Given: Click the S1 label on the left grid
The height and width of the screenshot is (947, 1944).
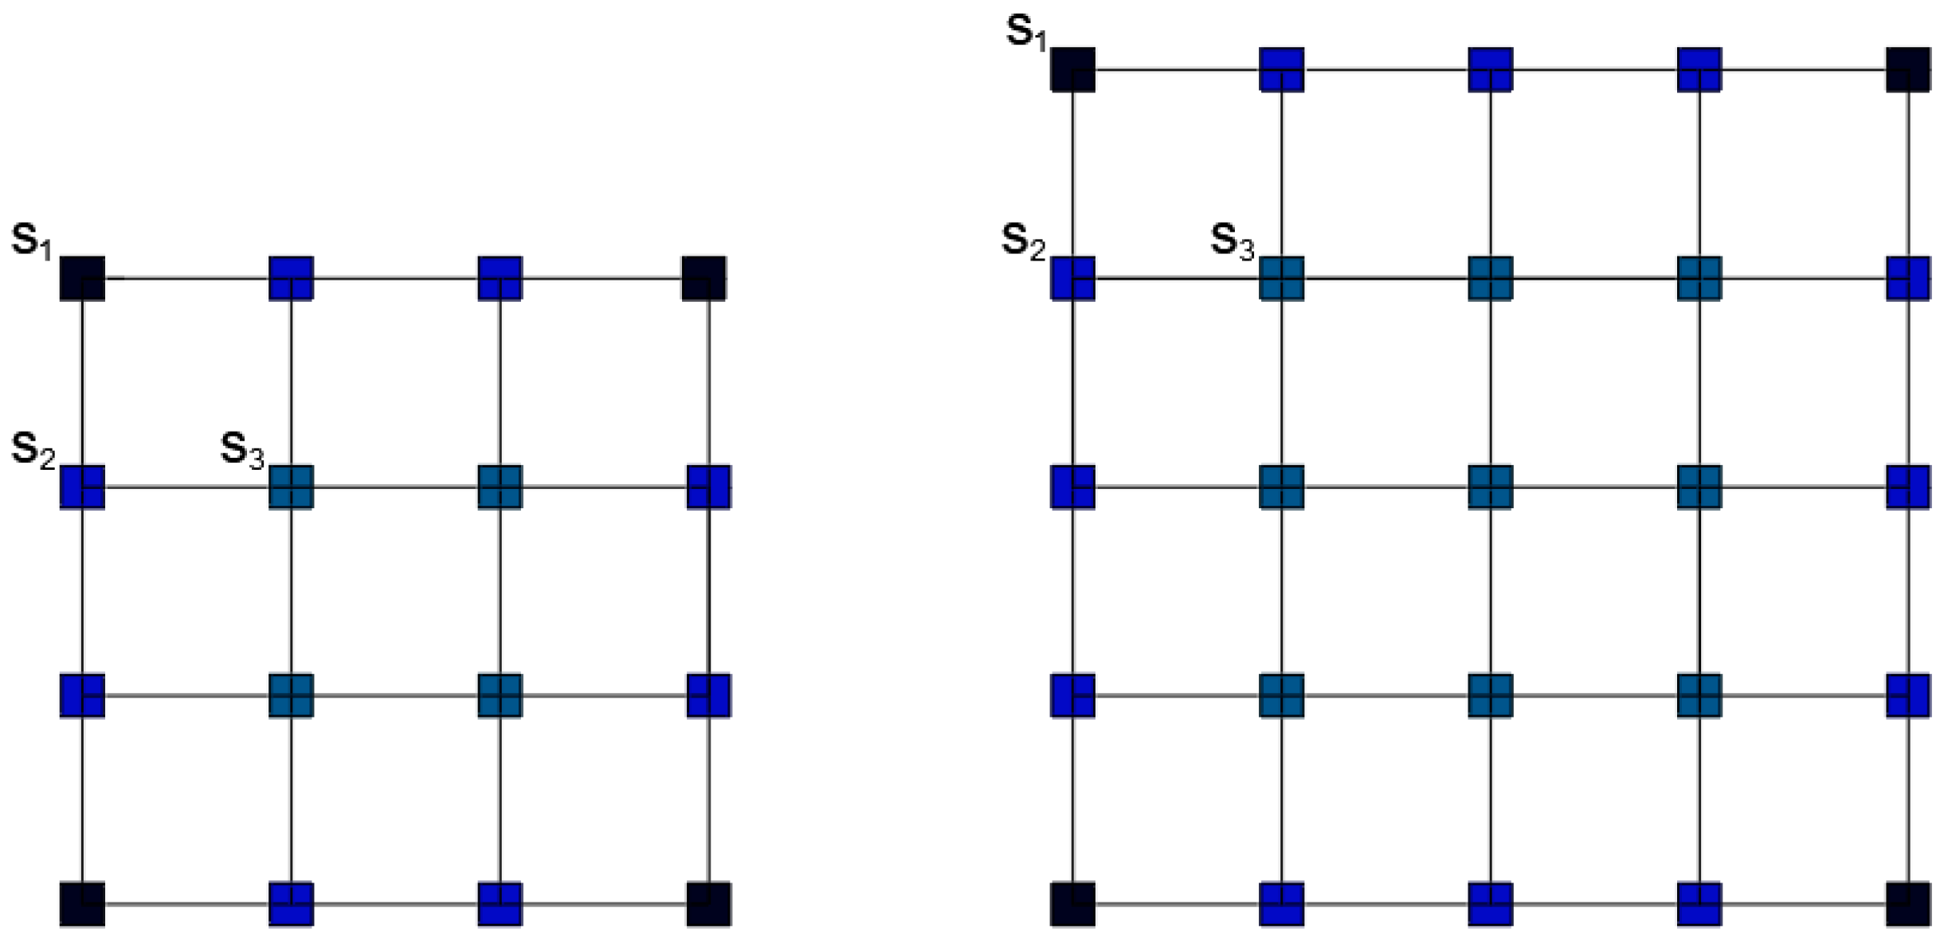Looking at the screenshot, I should (31, 240).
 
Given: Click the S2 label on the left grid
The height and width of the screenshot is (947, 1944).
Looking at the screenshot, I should (33, 449).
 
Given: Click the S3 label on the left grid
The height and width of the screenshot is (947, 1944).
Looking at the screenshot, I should (241, 449).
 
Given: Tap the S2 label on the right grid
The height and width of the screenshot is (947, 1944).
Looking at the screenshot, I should (1023, 241).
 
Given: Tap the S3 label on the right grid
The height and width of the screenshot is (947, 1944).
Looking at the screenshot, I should (1232, 241).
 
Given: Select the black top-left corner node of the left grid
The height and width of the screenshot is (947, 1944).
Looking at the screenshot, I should (82, 278).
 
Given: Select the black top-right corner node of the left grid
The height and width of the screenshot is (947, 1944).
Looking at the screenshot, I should (704, 278).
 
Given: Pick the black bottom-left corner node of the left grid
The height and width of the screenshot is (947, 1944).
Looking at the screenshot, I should (82, 904).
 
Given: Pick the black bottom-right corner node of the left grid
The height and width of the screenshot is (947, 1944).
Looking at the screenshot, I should (708, 904).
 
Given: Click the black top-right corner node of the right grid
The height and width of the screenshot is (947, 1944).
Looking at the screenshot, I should (1908, 69).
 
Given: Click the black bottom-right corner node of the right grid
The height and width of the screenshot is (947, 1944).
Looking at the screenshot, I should (1908, 904).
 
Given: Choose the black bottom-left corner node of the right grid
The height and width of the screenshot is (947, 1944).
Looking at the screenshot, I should (1072, 904).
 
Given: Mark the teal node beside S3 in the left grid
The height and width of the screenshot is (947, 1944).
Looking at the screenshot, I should (291, 487).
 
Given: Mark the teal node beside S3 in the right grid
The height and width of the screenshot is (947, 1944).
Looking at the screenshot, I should (1281, 278).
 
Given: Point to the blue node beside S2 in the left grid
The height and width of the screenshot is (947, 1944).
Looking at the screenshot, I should (82, 487).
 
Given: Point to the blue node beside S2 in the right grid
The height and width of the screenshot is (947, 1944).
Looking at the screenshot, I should (1072, 278).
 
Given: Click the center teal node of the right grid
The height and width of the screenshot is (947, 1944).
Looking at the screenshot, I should (1490, 487).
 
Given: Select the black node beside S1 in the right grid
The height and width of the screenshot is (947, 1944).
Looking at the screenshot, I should (1072, 69).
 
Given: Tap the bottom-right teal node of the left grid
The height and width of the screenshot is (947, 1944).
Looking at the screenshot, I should (500, 695).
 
